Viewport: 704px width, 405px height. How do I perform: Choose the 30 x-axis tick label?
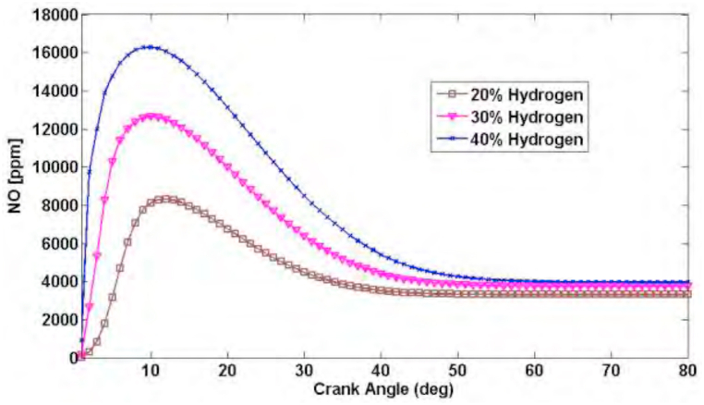[x=303, y=371]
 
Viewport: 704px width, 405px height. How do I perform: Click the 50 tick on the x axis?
[x=457, y=371]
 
